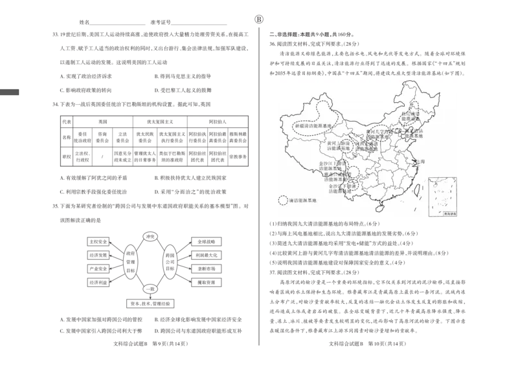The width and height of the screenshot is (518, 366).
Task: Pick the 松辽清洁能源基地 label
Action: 411,117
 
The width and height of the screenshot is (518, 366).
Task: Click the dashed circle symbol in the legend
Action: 283,200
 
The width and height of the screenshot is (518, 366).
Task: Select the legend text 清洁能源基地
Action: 304,200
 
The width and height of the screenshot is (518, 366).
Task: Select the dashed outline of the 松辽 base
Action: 418,107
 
